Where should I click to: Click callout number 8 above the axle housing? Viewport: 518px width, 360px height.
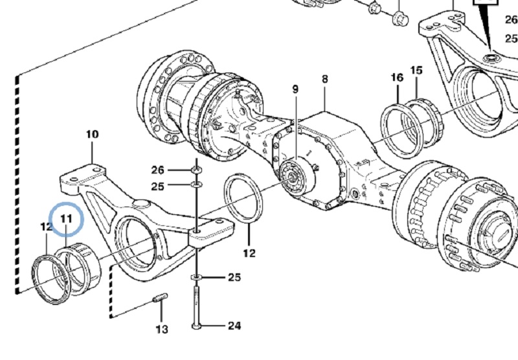(x=325, y=79)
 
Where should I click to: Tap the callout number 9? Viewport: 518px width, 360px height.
(x=295, y=89)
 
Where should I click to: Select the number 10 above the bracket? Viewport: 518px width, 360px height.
(x=93, y=135)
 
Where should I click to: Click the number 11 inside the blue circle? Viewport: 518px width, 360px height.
(x=66, y=219)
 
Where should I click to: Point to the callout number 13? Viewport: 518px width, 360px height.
(x=162, y=330)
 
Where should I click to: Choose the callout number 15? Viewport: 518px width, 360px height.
(x=416, y=71)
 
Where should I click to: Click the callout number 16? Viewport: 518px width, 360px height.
(x=397, y=78)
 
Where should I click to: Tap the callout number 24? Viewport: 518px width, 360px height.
(x=234, y=326)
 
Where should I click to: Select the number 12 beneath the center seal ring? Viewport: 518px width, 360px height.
(x=249, y=253)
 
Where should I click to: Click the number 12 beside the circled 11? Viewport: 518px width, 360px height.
(x=47, y=227)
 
